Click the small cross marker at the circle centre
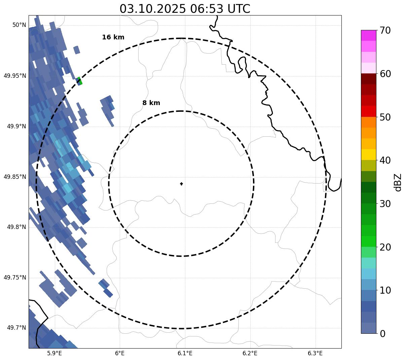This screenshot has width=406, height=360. pos(182,184)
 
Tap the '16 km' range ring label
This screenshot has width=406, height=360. pos(113,37)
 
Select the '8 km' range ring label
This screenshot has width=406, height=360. pos(151,103)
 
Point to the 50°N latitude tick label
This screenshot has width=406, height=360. pos(19,25)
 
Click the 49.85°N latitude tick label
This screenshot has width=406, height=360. pos(15,177)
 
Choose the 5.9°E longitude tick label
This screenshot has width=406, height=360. pos(54,353)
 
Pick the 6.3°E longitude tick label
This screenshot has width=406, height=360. pos(315,353)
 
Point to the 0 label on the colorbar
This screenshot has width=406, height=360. pos(382,334)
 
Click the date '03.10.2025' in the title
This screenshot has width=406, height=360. pos(152,9)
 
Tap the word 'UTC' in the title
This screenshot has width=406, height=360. pos(239,9)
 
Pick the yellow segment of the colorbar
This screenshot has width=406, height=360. pos(368,155)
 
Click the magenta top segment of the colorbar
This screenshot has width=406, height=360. pos(368,35)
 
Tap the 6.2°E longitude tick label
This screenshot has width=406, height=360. pos(250,353)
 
